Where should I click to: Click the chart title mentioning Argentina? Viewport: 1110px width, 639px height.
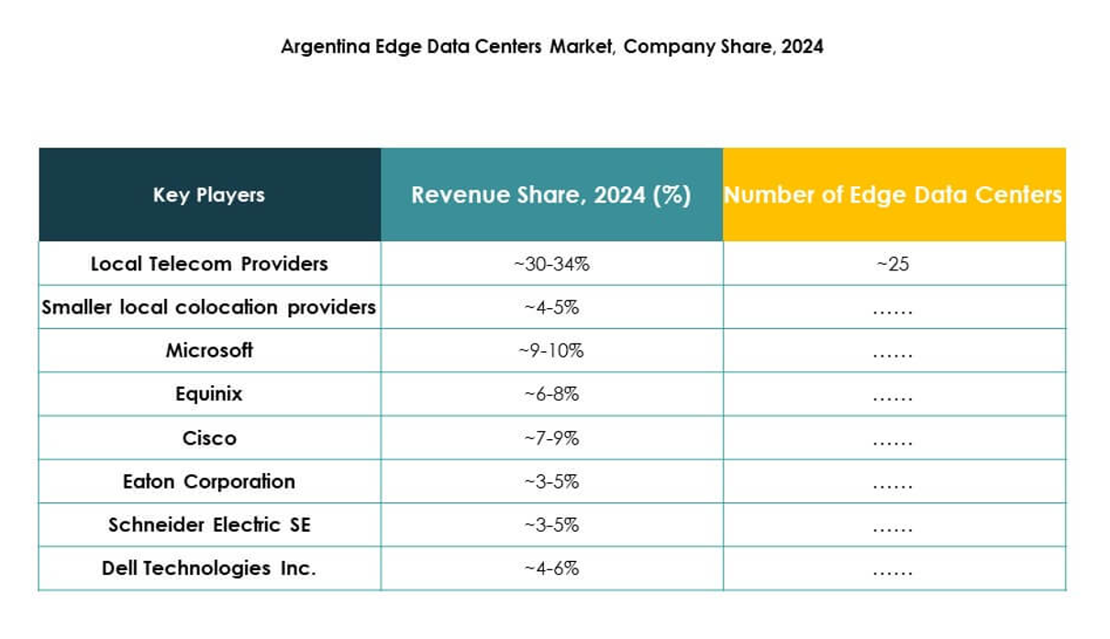pos(551,47)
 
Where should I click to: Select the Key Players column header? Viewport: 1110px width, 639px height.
pos(209,194)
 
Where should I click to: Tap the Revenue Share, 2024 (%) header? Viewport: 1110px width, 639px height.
pos(551,194)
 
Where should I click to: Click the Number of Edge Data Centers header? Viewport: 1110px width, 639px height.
pos(894,194)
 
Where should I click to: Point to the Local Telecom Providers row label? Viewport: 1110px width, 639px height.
pos(209,264)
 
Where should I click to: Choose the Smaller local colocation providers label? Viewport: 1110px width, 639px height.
pos(209,307)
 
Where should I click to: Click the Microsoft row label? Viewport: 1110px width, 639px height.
pos(209,350)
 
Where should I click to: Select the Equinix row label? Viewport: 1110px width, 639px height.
pos(209,394)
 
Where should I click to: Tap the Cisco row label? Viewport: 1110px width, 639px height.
pos(209,438)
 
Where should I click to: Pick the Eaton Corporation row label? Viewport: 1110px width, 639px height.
pos(209,481)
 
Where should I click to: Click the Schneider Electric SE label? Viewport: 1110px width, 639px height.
pos(209,525)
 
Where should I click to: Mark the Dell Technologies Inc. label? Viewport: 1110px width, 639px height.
pos(209,568)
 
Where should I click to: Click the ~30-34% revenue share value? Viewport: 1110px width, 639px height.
pos(551,264)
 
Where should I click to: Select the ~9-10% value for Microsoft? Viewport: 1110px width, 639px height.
pos(551,351)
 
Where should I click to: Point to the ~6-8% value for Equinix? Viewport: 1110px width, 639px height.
pos(551,394)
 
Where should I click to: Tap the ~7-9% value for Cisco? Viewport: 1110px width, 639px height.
pos(551,438)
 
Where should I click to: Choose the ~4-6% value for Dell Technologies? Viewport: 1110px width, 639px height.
pos(551,568)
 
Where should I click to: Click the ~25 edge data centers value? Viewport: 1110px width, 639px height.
pos(894,264)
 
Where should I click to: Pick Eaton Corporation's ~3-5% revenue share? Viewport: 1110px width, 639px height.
pos(551,481)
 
